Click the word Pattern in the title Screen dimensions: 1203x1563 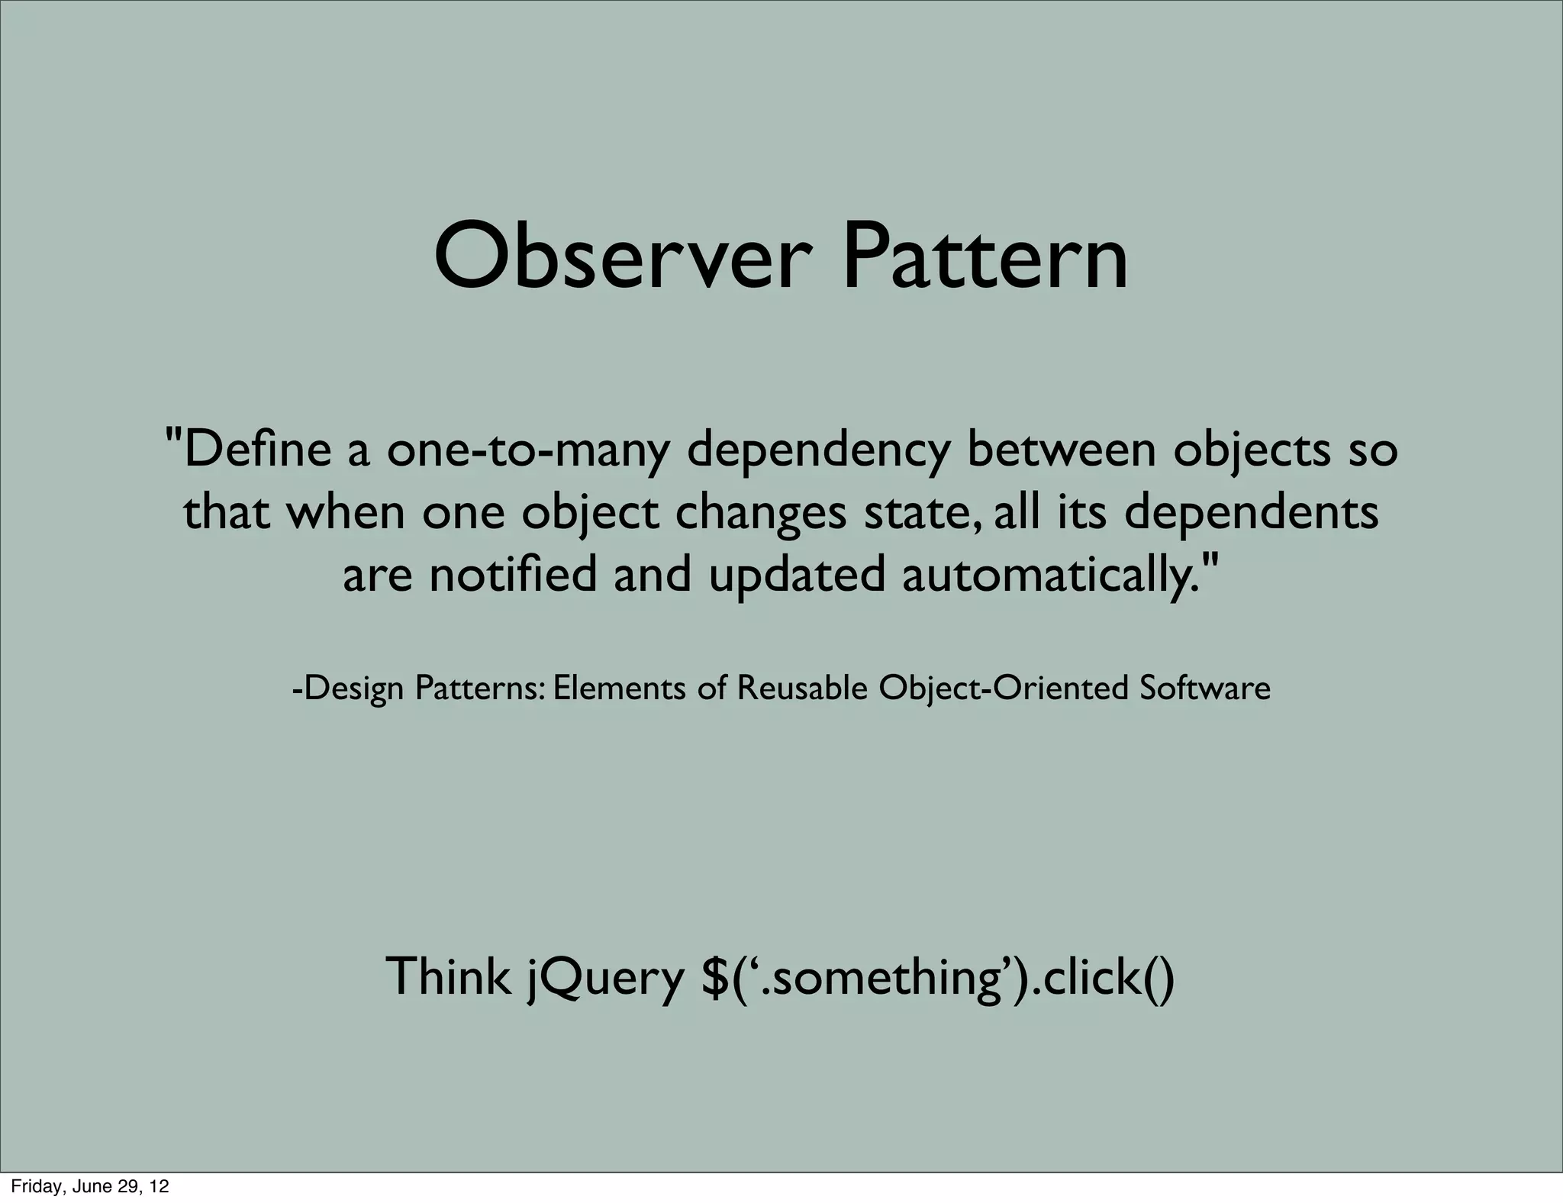click(x=984, y=256)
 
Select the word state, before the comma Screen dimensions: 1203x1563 click(x=916, y=514)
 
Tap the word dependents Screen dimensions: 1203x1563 click(x=1252, y=514)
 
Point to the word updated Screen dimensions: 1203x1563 click(x=797, y=576)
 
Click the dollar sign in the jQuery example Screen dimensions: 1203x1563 click(x=714, y=976)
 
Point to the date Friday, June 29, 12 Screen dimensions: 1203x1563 click(x=90, y=1187)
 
